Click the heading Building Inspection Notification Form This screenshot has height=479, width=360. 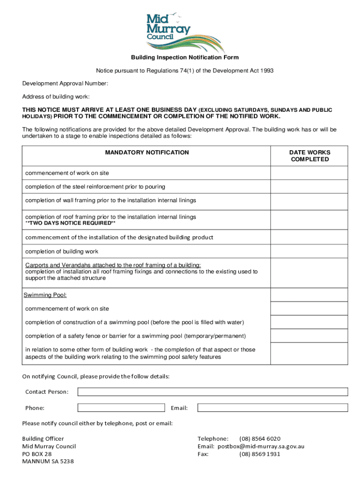tap(184, 58)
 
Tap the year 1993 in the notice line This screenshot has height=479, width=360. tap(265, 71)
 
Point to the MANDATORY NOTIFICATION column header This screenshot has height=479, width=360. tap(147, 152)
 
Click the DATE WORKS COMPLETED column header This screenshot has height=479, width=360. tap(310, 156)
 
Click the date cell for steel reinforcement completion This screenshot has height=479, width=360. tap(309, 187)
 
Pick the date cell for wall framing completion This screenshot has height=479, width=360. tap(309, 200)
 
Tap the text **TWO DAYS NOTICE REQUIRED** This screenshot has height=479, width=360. tap(70, 224)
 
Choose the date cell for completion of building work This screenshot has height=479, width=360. tap(309, 252)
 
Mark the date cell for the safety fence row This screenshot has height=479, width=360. tap(309, 336)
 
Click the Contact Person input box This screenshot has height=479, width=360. tap(213, 392)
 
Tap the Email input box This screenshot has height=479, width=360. tap(273, 408)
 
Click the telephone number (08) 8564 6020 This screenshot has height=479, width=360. tap(260, 439)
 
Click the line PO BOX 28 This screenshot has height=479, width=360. tap(37, 454)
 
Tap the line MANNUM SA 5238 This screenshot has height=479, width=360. tap(48, 461)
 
